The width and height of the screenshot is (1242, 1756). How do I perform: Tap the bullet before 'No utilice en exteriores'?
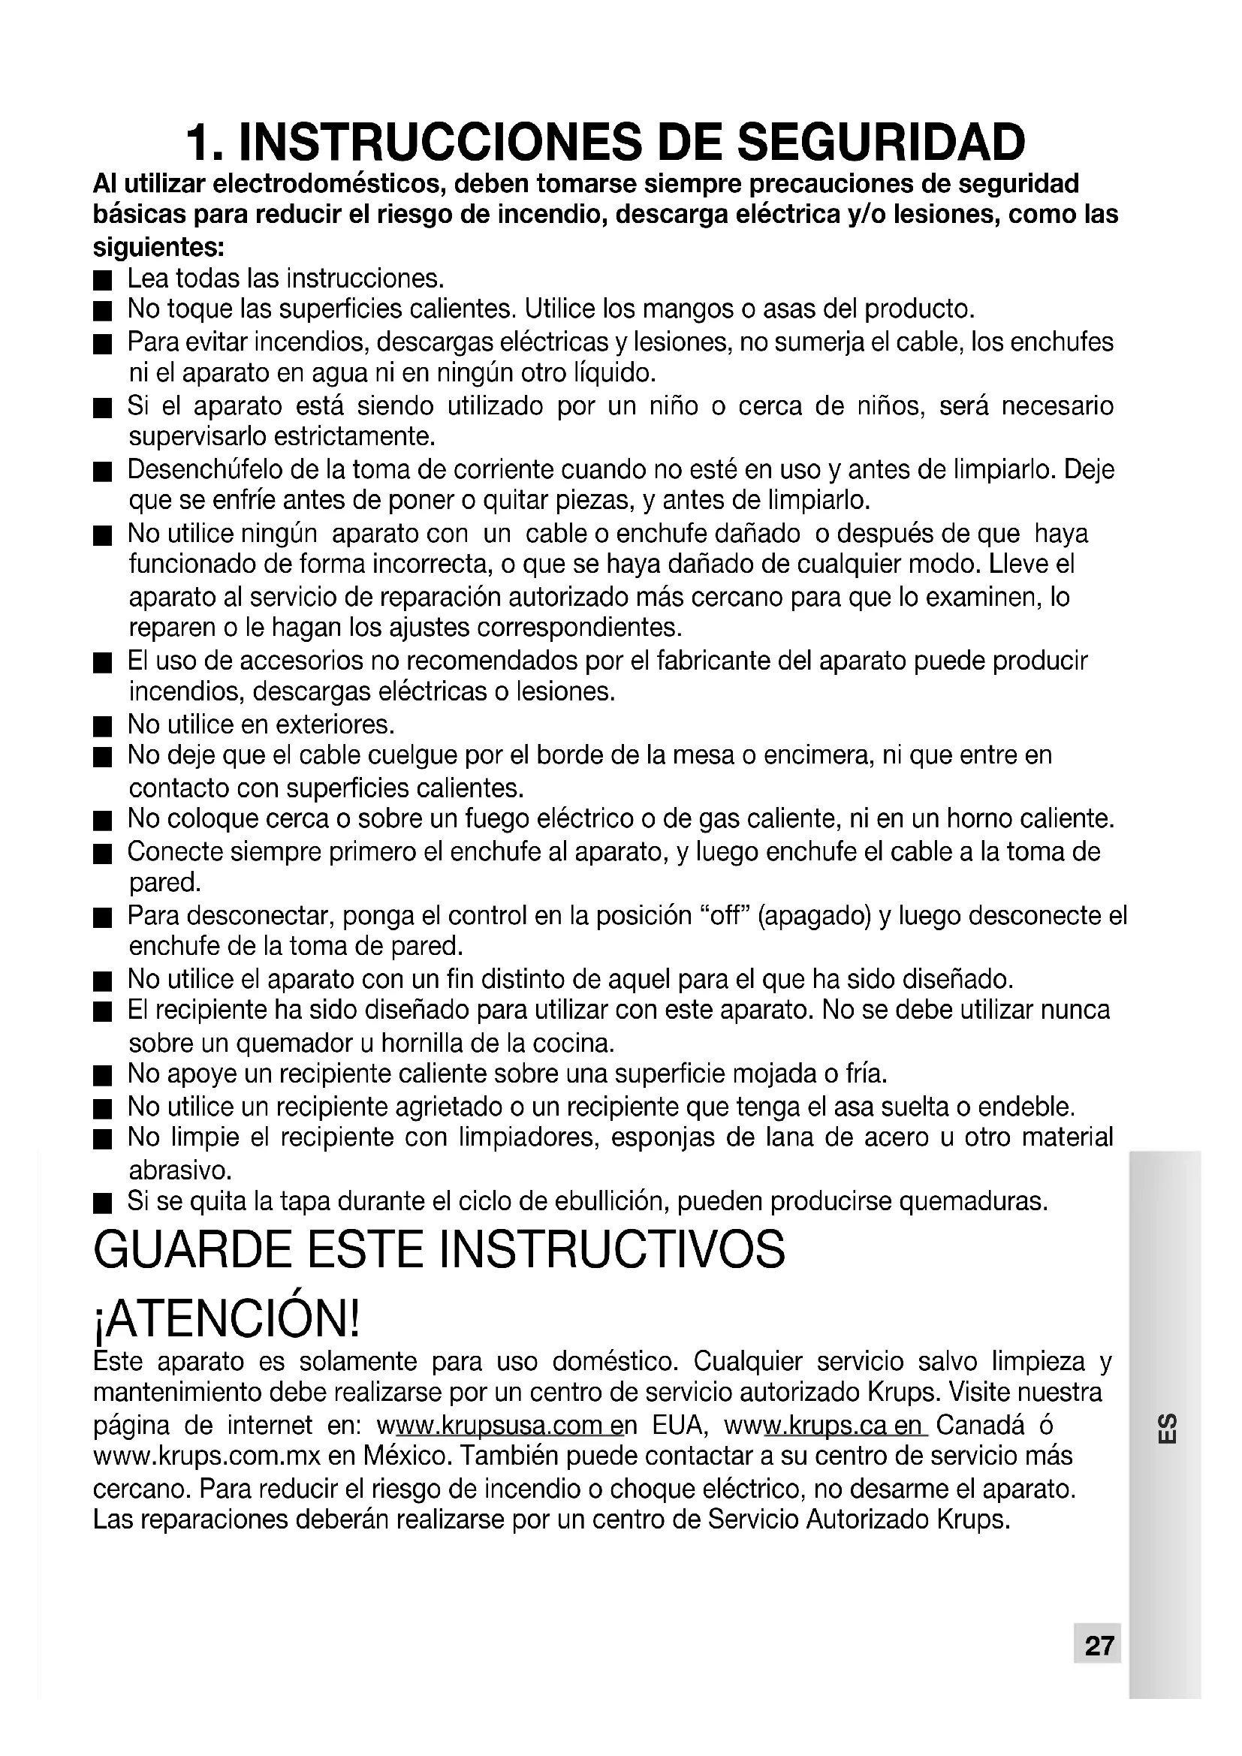click(x=102, y=725)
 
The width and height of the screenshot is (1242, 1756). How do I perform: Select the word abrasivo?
click(x=179, y=1170)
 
